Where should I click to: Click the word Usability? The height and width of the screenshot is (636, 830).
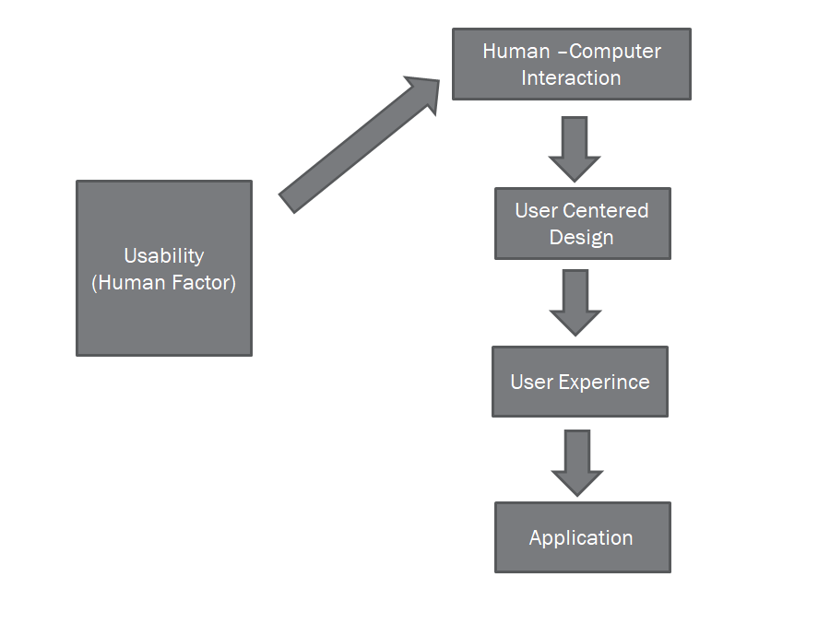[164, 256]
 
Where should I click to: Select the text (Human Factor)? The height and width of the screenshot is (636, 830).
[164, 283]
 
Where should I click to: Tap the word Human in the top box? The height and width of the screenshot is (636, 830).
[516, 52]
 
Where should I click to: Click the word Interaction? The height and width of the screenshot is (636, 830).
[571, 78]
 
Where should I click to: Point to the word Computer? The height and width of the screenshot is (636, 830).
[615, 52]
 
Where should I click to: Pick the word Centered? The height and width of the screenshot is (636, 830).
[604, 210]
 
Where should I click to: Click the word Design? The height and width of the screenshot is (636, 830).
[581, 237]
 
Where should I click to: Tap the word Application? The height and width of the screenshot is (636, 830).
[581, 538]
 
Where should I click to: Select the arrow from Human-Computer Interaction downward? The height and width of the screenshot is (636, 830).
[575, 147]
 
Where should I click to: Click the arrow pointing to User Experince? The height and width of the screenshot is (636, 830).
[575, 301]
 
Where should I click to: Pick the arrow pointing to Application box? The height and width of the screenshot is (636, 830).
[577, 462]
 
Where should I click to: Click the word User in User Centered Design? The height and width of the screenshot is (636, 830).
[536, 210]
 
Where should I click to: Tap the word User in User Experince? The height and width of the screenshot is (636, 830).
[531, 382]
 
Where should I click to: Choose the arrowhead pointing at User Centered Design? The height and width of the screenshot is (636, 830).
[575, 167]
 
